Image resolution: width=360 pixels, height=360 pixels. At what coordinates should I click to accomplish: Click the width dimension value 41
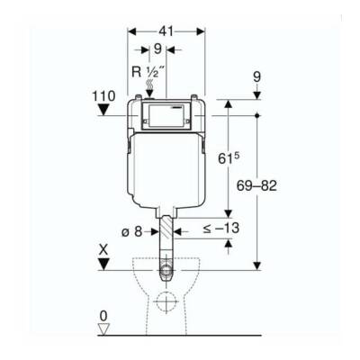pos(166,31)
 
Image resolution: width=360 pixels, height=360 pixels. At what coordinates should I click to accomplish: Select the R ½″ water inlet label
pos(148,72)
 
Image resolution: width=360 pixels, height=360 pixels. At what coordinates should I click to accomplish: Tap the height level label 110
pos(103,96)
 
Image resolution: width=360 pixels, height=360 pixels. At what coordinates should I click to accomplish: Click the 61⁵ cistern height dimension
pos(229,158)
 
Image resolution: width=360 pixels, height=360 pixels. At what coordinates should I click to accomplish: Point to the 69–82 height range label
pos(256,186)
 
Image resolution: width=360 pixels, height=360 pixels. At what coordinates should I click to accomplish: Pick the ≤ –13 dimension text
pos(221,229)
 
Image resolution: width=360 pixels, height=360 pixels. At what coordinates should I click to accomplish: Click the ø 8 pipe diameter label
pos(131,232)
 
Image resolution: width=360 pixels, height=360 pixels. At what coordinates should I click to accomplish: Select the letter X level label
pos(103,250)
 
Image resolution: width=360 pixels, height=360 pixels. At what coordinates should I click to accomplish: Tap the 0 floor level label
pos(103,316)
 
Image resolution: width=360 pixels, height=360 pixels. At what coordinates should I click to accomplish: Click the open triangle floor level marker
pos(104,329)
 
